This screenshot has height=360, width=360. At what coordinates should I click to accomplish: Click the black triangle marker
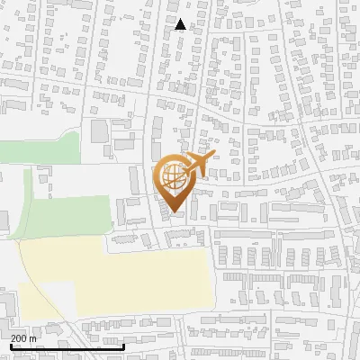pyautogui.click(x=181, y=25)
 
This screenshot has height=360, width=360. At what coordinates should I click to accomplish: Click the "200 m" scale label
pyautogui.click(x=23, y=338)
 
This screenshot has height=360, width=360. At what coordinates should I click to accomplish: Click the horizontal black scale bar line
pyautogui.click(x=67, y=346)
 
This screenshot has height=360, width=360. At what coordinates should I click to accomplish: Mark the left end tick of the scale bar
pyautogui.click(x=10, y=344)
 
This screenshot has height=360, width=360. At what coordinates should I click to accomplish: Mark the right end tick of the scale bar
pyautogui.click(x=123, y=344)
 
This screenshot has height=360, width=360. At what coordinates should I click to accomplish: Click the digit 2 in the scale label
pyautogui.click(x=13, y=338)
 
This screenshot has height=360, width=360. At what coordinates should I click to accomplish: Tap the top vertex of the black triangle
pyautogui.click(x=181, y=19)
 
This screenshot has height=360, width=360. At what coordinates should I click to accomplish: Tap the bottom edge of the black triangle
pyautogui.click(x=181, y=30)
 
